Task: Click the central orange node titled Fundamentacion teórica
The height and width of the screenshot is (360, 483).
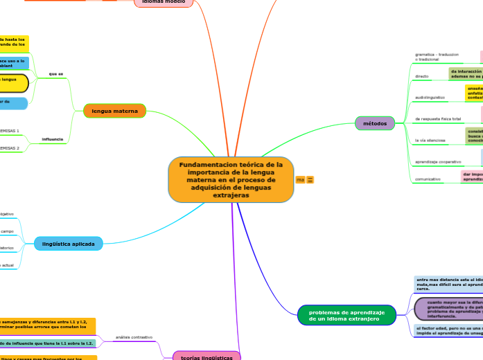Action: tap(231, 179)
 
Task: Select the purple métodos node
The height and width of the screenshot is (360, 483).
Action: tap(375, 123)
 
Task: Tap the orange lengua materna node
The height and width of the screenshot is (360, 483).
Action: tap(115, 111)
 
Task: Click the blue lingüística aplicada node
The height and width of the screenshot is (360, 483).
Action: tap(69, 244)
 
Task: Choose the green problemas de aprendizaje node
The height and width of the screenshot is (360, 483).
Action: tap(347, 315)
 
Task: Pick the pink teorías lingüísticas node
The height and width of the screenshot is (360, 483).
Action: tap(207, 356)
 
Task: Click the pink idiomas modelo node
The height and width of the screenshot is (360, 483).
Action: tap(163, 3)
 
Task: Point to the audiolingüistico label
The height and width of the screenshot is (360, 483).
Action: tap(430, 98)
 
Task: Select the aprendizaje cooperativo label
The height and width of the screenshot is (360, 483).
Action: tap(438, 161)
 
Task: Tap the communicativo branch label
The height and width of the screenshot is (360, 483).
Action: tap(428, 179)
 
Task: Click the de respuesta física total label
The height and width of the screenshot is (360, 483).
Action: tap(438, 119)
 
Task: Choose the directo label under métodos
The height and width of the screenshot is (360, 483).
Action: tap(421, 76)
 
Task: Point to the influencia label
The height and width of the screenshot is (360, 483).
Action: tap(53, 139)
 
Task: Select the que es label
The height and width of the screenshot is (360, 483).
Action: tap(56, 73)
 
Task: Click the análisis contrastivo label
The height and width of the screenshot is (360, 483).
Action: tap(134, 337)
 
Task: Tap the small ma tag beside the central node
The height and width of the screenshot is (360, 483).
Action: tap(300, 180)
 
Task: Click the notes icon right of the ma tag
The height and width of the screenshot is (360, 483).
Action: tap(310, 180)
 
